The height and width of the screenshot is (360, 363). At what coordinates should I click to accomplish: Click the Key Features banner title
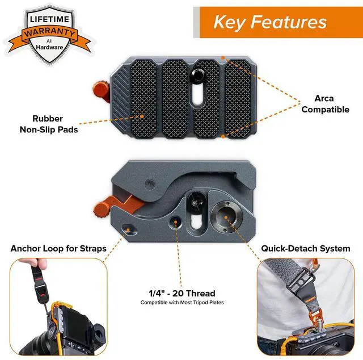coord(270,22)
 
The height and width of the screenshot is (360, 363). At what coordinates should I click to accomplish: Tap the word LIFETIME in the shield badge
coord(49,19)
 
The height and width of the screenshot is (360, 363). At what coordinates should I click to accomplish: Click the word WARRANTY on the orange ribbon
coord(49,32)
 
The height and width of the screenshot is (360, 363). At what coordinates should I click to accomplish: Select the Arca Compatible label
coord(325,104)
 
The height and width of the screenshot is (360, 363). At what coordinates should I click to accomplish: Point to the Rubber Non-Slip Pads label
coord(49,124)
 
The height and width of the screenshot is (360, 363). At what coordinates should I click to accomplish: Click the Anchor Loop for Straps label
coord(58,249)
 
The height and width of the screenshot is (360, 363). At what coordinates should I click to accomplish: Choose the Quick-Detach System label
coord(306,249)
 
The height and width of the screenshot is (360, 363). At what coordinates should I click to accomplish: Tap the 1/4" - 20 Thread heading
coord(182,294)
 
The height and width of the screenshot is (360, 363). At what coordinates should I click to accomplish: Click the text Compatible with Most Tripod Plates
coord(182,303)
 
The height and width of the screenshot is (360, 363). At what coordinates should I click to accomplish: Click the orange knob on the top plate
coord(102,90)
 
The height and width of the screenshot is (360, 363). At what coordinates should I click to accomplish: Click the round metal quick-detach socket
coord(226,217)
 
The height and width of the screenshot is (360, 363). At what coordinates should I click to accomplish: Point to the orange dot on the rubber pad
coord(142,116)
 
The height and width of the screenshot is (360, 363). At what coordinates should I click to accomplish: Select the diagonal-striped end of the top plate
coord(121,97)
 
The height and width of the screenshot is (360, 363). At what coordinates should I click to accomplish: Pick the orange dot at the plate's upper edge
coord(223,58)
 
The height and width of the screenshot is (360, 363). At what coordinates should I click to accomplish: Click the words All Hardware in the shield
coord(49,44)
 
